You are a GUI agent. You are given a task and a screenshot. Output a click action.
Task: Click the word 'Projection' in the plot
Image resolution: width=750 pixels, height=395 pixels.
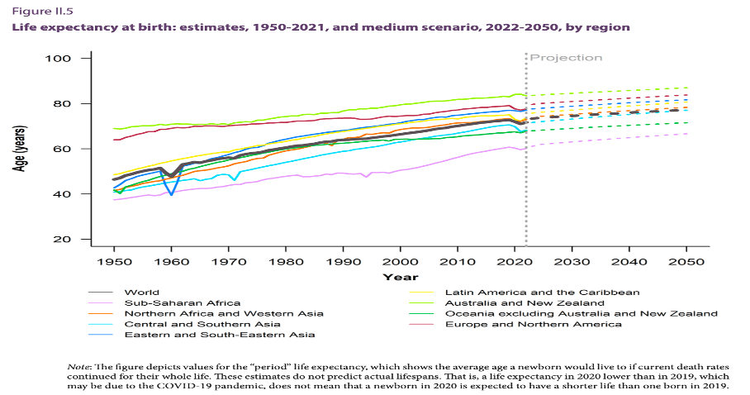tap(566, 58)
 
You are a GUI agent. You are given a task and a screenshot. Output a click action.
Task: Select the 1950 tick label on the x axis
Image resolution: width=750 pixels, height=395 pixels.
tap(114, 259)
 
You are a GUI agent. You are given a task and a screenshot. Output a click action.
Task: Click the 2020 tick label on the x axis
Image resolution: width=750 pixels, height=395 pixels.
tap(515, 259)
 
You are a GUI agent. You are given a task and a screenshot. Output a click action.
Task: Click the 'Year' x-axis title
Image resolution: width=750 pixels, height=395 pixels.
tap(400, 276)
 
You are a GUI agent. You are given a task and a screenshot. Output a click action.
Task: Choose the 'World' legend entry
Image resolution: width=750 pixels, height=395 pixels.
tap(141, 293)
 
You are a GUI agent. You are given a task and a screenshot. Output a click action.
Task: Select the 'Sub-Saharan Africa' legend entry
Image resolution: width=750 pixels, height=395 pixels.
tap(170, 303)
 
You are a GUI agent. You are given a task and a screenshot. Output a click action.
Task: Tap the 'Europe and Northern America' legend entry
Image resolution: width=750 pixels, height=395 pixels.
tap(534, 324)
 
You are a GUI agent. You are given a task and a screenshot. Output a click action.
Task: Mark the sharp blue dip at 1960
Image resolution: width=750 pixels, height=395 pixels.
tap(171, 193)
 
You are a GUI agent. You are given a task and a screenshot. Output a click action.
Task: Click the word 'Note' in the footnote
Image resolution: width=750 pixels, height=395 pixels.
tap(78, 366)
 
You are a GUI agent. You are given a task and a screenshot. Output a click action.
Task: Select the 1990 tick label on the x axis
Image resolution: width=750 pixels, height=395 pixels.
tap(343, 259)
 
